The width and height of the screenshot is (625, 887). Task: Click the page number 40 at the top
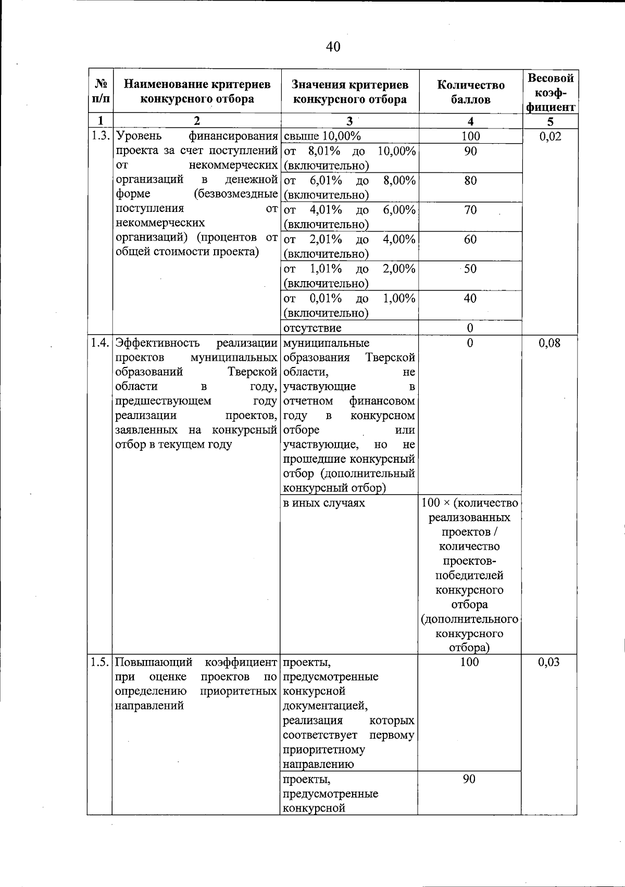coord(333,47)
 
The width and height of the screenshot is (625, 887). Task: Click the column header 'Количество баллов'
coord(470,92)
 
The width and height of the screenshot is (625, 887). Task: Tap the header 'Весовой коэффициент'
coord(550,92)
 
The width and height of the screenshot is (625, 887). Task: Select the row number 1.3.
coord(100,136)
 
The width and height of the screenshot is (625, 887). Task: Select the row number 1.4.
coord(100,343)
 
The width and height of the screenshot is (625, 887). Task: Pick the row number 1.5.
coord(100,662)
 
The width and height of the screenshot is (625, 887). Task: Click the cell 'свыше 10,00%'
coord(322,136)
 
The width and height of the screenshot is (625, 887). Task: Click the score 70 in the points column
coord(470,210)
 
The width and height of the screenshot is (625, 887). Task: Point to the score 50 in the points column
coord(470,269)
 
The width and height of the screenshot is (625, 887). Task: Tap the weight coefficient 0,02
coord(550,136)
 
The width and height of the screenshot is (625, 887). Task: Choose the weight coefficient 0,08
coord(550,343)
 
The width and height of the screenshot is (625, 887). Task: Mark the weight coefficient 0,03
coord(549,662)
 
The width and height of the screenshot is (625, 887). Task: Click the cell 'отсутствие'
coord(312,328)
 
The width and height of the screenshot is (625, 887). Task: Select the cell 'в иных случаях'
coord(324,503)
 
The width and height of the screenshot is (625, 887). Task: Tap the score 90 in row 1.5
coord(469,779)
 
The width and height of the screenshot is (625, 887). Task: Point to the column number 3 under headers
coord(349,121)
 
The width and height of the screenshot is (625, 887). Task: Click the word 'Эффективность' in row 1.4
coord(157,343)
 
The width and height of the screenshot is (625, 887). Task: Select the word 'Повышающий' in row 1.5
coord(154,662)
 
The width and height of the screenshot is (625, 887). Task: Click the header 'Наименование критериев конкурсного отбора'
coord(197,92)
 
